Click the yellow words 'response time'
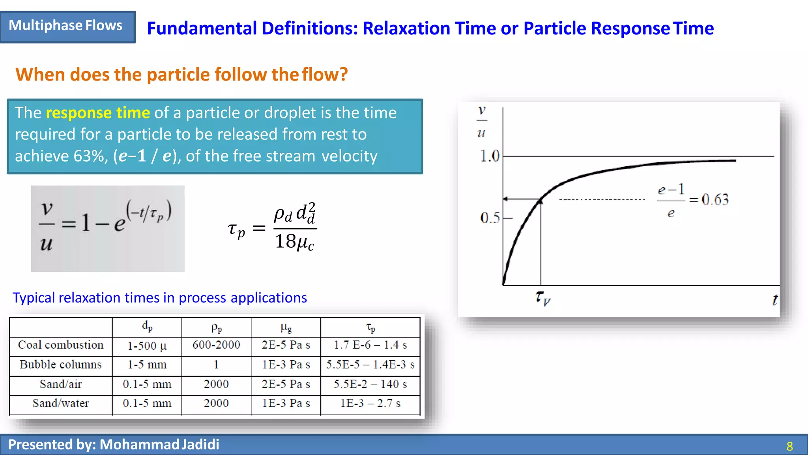[97, 113]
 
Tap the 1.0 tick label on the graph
[489, 156]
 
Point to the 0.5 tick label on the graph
[490, 218]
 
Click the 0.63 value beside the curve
[715, 200]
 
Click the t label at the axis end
[774, 300]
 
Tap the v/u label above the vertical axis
[481, 121]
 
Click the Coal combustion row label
[61, 345]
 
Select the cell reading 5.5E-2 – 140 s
[370, 384]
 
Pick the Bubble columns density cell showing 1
[216, 365]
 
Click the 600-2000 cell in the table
[216, 345]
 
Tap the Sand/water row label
[61, 403]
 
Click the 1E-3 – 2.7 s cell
[370, 403]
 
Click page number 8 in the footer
[789, 446]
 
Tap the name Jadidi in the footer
[200, 445]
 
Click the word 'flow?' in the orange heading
[325, 75]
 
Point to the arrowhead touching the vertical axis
[506, 199]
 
